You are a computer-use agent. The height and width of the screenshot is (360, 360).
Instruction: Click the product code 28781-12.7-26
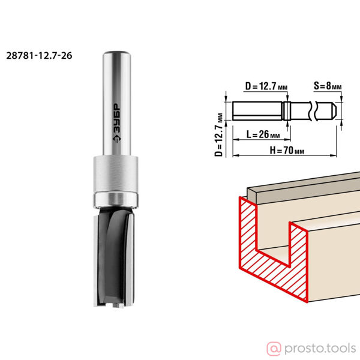[39, 56]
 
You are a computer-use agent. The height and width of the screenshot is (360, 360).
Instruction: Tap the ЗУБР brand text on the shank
[117, 123]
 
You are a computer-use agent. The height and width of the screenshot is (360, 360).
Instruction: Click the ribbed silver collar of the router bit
[115, 173]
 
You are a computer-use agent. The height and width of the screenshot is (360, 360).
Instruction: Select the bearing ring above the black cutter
[115, 200]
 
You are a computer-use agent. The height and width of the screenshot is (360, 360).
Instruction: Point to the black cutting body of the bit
[114, 256]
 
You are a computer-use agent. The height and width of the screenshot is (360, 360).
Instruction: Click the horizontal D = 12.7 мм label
[266, 86]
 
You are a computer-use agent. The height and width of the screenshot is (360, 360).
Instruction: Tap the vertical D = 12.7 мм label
[219, 135]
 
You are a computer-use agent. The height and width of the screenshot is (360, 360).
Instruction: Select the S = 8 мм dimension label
[328, 86]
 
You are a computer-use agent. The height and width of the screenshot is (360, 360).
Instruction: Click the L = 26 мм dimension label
[263, 134]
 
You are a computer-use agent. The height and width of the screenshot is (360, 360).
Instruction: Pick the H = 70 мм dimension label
[287, 151]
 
